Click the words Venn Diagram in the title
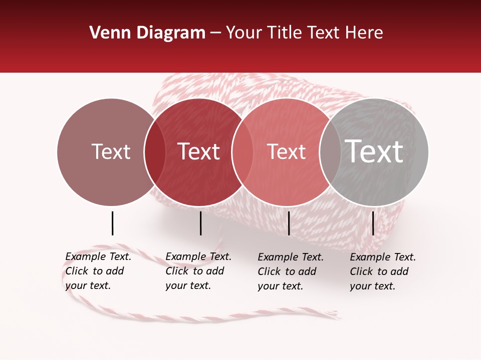[147, 33]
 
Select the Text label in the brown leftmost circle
[111, 151]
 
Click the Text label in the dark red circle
[198, 151]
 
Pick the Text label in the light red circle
[286, 151]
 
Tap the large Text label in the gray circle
[374, 151]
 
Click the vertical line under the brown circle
[112, 223]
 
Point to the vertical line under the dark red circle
[200, 223]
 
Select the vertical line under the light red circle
[289, 223]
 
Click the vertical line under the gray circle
[373, 223]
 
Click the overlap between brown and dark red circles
[155, 151]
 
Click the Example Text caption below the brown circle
[98, 271]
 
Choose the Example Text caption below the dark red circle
[198, 271]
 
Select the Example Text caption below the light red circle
[290, 271]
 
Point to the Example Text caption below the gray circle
[382, 271]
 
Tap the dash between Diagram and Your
[215, 33]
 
